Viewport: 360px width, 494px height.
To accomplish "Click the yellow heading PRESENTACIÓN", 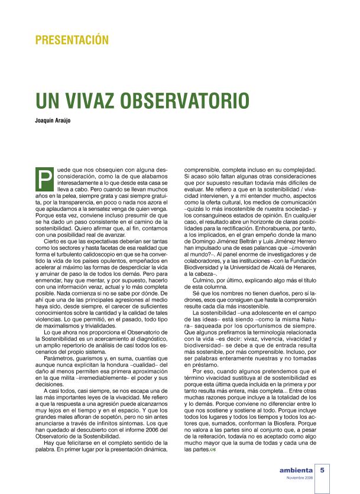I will click(72, 40).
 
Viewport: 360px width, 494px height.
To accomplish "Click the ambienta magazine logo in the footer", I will click(291, 471).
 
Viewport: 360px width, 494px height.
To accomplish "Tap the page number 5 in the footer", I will click(323, 470).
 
